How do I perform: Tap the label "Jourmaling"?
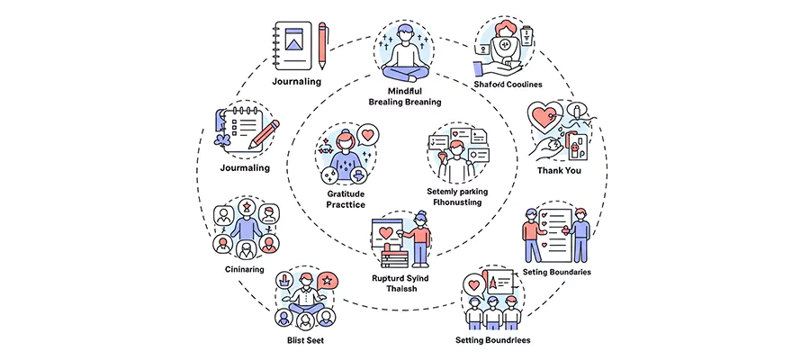coord(246,167)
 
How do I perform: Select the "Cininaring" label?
coord(243,269)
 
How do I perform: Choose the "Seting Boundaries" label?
coord(556,272)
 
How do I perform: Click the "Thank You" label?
coord(560,170)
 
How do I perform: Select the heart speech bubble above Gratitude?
coord(366,135)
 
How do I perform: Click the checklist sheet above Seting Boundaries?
coord(561,229)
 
